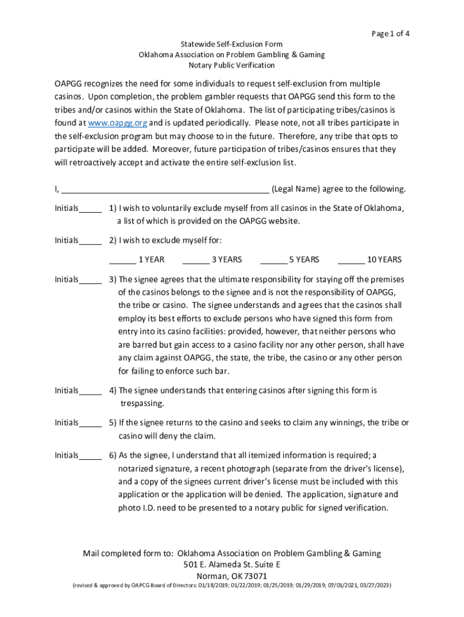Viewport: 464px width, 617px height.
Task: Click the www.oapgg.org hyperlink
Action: point(118,123)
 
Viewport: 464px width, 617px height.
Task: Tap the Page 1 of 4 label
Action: point(391,33)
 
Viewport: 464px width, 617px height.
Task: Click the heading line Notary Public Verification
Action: point(231,65)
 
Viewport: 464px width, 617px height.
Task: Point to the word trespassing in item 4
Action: point(142,403)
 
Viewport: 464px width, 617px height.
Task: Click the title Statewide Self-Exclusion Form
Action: point(231,44)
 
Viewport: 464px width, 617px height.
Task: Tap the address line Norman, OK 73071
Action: point(232,575)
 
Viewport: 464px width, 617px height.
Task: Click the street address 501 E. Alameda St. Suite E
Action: point(232,565)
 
